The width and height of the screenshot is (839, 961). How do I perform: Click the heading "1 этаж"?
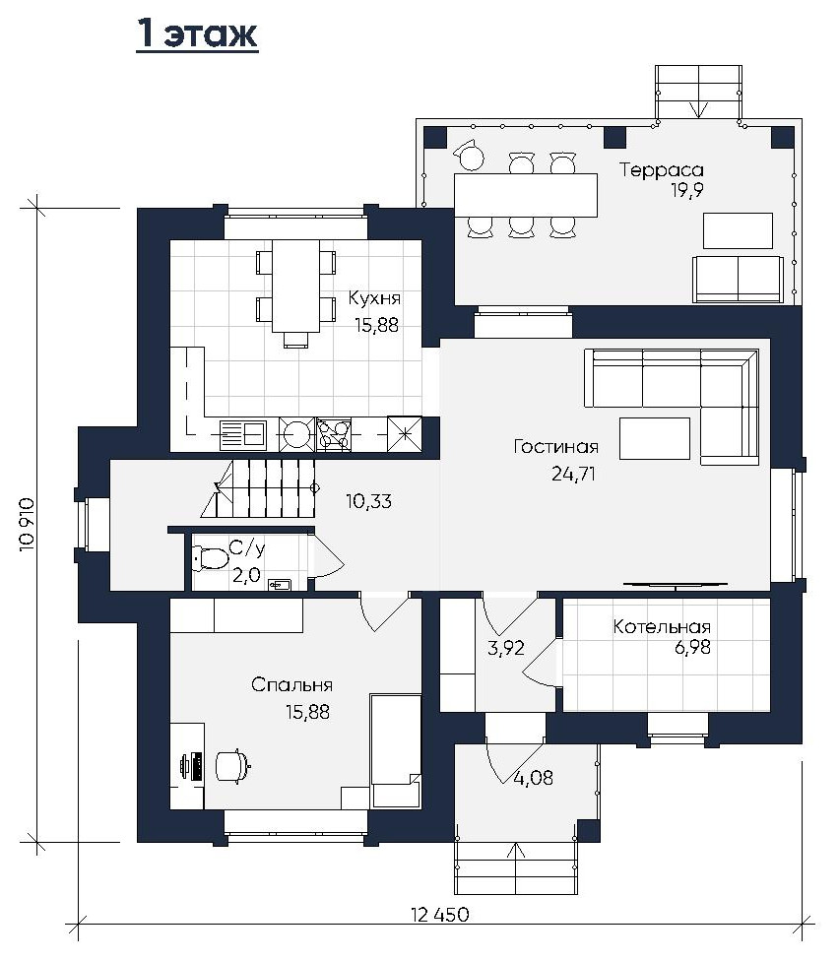197,33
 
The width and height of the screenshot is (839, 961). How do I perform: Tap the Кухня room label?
374,298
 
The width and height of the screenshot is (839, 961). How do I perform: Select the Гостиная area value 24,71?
574,474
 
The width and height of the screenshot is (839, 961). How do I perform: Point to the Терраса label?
662,169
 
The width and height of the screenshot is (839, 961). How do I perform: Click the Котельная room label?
662,627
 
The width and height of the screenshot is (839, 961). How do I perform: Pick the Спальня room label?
291,684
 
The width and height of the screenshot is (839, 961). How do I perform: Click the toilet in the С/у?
210,557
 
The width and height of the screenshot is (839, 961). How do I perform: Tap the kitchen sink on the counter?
242,434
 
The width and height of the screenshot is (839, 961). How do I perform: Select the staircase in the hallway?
259,489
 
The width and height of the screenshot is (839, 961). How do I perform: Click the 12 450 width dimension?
440,915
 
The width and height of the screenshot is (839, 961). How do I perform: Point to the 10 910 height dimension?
28,525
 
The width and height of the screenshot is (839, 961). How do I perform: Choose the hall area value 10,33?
368,501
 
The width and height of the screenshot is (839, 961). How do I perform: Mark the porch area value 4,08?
533,778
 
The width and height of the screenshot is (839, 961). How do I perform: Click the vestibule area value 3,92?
506,648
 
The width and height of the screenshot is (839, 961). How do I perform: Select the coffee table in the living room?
655,438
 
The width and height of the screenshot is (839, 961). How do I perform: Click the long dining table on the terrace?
526,195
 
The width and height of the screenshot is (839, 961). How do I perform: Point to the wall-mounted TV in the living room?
676,585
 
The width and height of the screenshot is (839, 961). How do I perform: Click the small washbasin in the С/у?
279,585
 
